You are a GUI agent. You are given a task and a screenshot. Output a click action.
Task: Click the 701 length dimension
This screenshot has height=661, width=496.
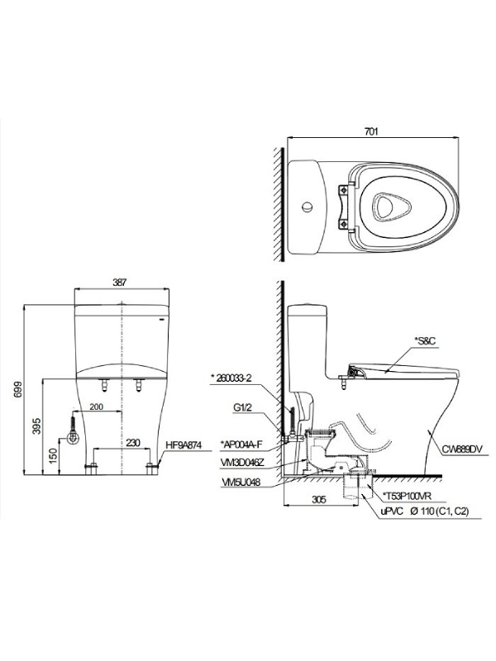[371, 131]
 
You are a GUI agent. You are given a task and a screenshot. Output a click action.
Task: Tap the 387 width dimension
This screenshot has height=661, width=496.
[119, 283]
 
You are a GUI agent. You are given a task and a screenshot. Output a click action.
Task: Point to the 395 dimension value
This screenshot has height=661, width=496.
[37, 426]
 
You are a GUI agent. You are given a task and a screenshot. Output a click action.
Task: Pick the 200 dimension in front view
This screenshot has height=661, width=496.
[97, 407]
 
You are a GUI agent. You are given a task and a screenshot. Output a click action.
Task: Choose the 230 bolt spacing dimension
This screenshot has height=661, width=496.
[132, 443]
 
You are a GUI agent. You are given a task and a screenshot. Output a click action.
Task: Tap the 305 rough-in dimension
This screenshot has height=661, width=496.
[319, 500]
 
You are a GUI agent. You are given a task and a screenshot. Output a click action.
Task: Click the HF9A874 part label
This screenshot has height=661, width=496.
[184, 445]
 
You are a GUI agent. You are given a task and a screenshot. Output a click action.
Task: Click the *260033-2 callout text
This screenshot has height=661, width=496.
[231, 378]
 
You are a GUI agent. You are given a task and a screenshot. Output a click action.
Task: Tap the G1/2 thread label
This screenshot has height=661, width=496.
[243, 408]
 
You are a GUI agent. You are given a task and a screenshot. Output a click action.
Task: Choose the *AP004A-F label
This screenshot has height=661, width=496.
[241, 444]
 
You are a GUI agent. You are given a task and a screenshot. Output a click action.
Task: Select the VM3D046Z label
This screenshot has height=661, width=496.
[242, 463]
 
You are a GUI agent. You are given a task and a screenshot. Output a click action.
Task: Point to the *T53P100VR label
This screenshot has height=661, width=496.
[407, 496]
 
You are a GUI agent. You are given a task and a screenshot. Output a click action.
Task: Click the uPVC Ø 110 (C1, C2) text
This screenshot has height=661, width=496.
[425, 511]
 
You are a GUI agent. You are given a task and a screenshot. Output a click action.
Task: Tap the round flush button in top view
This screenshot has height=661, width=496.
[307, 207]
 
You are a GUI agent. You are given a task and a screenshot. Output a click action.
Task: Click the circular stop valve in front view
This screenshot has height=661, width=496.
[74, 438]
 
